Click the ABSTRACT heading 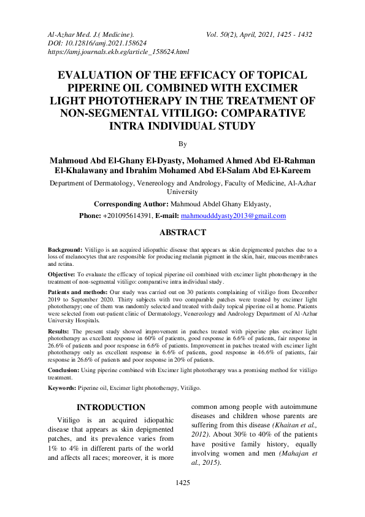[x=182, y=233]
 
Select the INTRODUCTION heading [x=110, y=407]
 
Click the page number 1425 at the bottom [x=182, y=483]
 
